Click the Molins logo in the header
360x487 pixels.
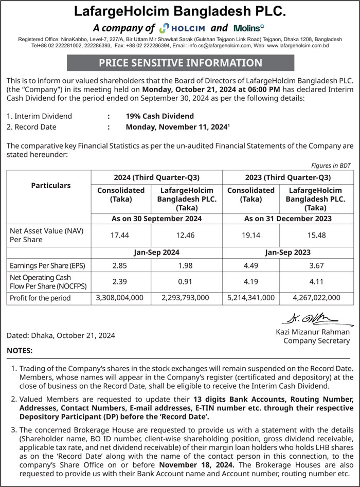[x=248, y=28]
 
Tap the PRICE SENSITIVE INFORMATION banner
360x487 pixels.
[x=181, y=63]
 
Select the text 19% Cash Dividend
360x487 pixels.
[x=159, y=116]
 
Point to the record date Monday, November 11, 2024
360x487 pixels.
[x=177, y=127]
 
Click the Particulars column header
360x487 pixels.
[x=51, y=185]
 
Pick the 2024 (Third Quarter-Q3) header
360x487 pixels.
[x=156, y=178]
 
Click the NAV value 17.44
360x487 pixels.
[x=120, y=236]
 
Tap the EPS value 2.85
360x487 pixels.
[x=120, y=266]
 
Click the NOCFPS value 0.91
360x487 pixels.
[x=185, y=281]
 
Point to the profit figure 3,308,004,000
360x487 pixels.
[x=120, y=297]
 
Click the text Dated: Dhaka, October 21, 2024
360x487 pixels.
[x=61, y=335]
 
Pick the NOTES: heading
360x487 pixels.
[x=20, y=351]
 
